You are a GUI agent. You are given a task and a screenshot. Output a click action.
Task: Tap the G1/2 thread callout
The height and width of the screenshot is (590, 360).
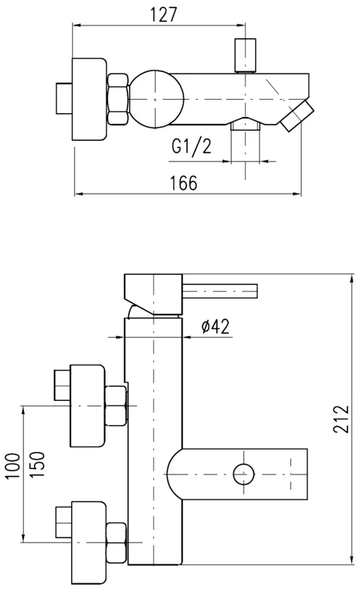(191, 146)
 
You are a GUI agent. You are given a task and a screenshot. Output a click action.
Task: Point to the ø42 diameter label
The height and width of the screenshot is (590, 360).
(215, 326)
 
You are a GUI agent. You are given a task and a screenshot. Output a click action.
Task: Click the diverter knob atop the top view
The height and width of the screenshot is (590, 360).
(243, 54)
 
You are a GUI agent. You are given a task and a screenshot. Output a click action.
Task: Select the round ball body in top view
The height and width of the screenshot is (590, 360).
(155, 98)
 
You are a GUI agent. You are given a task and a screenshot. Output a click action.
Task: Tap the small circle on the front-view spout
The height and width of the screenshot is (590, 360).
(244, 474)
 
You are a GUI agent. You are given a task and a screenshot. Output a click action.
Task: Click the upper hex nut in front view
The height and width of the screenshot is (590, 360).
(116, 405)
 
